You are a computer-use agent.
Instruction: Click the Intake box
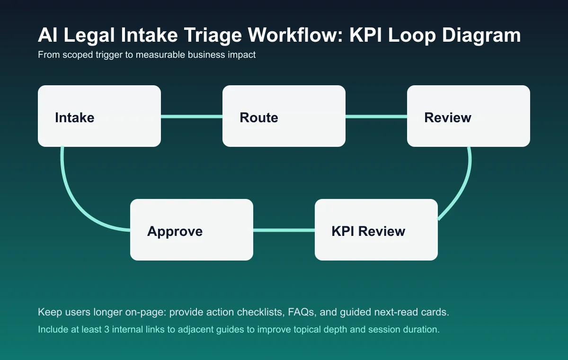coord(99,116)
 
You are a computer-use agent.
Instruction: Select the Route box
coord(284,116)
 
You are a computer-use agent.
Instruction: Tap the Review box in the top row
coord(469,116)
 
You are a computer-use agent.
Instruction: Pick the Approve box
coord(192,230)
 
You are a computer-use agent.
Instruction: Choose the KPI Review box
coord(376,230)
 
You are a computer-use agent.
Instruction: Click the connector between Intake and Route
coord(192,117)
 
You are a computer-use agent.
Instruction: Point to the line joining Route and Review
coord(376,117)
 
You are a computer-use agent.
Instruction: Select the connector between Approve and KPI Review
coord(284,231)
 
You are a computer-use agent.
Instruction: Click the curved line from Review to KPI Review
coord(461,189)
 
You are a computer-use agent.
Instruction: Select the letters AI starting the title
coord(46,36)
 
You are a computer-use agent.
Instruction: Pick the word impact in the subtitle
coord(242,55)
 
